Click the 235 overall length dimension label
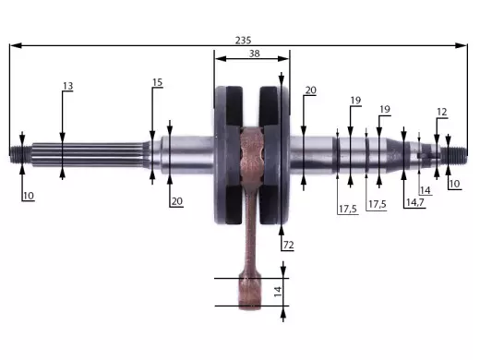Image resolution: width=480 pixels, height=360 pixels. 243,41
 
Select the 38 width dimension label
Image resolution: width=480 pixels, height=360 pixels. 255,54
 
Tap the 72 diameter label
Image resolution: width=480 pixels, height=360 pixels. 288,245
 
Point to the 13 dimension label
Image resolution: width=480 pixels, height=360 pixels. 68,86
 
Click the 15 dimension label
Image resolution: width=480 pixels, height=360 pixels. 157,82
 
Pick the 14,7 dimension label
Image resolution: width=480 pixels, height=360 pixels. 415,202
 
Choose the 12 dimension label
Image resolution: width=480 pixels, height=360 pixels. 442,112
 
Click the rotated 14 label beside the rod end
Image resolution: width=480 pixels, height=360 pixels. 278,292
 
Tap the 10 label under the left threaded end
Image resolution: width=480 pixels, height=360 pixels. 29,196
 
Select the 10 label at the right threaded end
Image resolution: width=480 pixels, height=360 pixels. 454,184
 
